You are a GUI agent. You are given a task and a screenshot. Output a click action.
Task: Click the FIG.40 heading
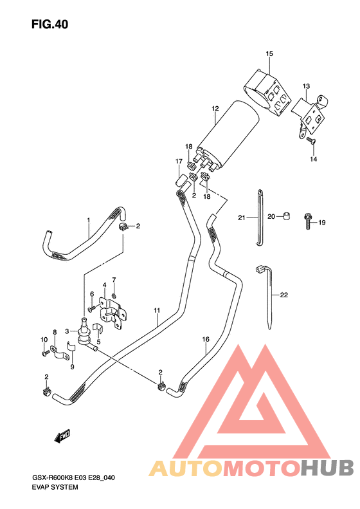[49, 25]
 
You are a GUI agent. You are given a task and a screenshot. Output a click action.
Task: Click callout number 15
[269, 53]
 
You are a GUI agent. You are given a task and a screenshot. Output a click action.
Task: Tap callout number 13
[306, 86]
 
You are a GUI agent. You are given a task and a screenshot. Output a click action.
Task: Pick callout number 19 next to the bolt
[322, 223]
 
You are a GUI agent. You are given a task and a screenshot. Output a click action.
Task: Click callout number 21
[242, 217]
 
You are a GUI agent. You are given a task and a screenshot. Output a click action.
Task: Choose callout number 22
[283, 295]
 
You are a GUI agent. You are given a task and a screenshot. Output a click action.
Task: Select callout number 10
[43, 339]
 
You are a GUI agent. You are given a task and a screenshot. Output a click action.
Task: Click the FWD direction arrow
[62, 438]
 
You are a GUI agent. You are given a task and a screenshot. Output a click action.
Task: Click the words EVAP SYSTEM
[55, 487]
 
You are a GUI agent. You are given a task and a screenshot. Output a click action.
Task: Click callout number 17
[179, 161]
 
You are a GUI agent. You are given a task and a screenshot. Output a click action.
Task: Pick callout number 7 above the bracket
[114, 279]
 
